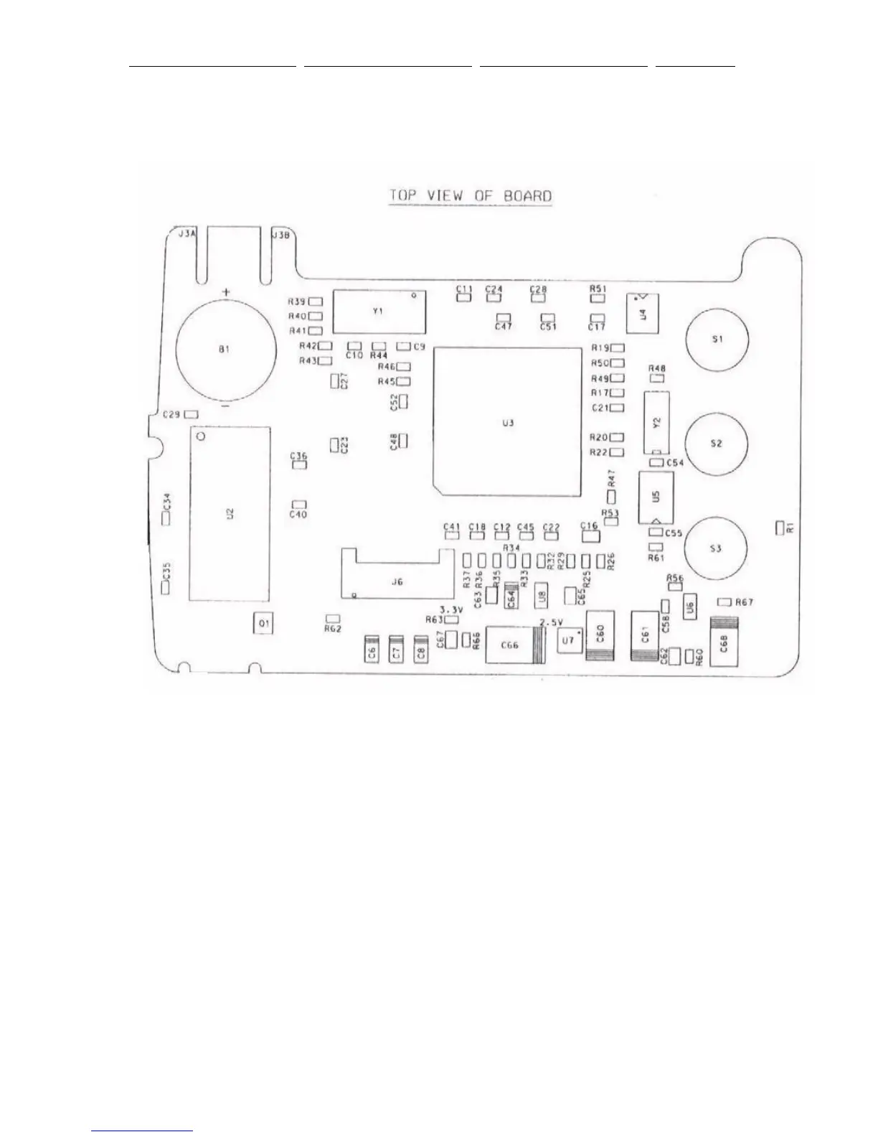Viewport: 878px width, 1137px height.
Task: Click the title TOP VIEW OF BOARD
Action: pos(471,196)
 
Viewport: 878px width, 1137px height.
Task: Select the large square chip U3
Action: pos(508,422)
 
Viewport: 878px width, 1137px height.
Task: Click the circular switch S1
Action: pos(717,340)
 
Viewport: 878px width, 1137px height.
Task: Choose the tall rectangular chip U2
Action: pos(230,513)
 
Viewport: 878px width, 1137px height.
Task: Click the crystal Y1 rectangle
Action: pos(379,311)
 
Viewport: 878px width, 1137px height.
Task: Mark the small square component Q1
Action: pos(264,624)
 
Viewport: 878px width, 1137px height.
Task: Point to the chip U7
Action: pos(570,640)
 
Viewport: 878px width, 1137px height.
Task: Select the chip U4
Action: pos(643,313)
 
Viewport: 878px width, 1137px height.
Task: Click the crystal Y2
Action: pos(656,424)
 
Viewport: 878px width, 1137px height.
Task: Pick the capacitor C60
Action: pos(600,635)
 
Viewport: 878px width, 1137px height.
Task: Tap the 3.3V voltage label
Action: pos(451,609)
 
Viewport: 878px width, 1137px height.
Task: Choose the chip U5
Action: pos(656,497)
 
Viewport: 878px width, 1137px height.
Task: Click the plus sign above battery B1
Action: pos(227,292)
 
